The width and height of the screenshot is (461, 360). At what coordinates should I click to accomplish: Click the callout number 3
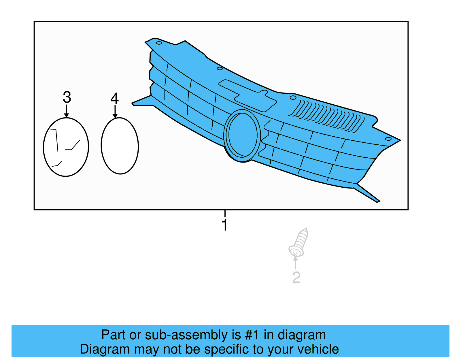(67, 97)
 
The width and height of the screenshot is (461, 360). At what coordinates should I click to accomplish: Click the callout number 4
(114, 99)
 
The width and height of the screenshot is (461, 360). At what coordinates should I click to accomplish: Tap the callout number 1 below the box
(225, 225)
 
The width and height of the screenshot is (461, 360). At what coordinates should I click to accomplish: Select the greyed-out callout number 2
(296, 277)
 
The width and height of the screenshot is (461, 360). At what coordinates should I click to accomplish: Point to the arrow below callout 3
(67, 112)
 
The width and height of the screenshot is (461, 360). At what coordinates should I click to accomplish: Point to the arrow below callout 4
(115, 112)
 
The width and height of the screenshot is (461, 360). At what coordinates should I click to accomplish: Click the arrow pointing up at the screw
(295, 262)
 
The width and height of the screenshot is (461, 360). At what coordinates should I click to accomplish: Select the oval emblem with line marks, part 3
(66, 147)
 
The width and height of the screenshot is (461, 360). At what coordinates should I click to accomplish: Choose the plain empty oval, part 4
(120, 146)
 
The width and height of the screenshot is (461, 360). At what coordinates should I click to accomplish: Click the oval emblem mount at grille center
(242, 135)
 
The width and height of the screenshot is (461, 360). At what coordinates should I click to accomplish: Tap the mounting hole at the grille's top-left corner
(159, 43)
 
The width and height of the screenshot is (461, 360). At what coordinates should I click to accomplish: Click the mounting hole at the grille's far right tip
(388, 139)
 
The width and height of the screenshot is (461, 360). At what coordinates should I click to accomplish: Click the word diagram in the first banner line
(302, 335)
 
